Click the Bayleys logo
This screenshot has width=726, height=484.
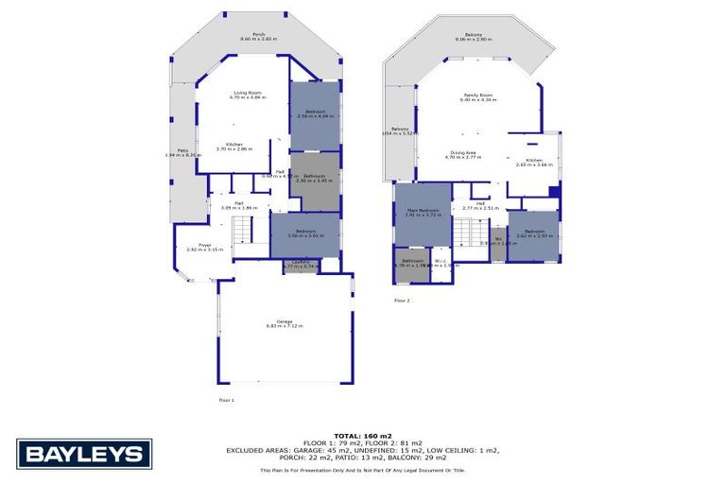click(84, 455)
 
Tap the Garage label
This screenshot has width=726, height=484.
click(284, 324)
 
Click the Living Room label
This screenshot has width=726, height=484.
click(248, 95)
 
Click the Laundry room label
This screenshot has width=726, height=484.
click(302, 265)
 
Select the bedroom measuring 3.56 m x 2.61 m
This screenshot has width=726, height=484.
click(304, 233)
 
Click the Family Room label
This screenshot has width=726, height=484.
click(475, 97)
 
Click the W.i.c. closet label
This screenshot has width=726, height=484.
click(441, 264)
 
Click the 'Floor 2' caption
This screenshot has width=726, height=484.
click(402, 301)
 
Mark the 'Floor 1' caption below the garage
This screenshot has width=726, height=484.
click(226, 400)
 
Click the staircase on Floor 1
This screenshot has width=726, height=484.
click(245, 229)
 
